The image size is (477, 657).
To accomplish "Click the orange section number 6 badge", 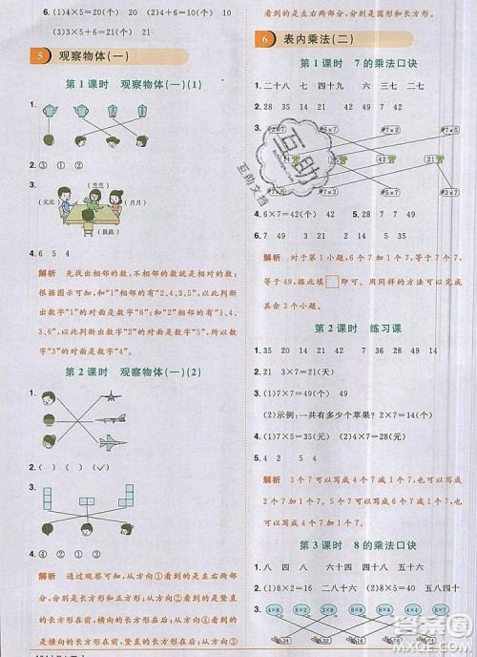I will coord(261,39).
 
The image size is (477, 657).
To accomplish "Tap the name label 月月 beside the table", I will coord(135,203).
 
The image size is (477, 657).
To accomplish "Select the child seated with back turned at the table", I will coord(87,212).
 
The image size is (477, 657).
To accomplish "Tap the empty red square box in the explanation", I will coord(331,280).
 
